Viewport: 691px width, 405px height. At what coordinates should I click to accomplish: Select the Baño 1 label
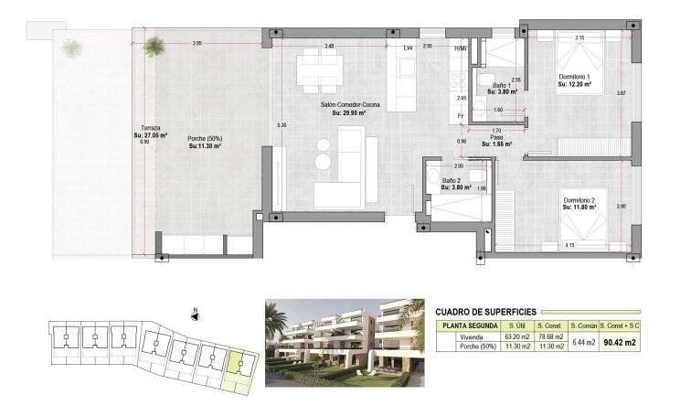point(502,86)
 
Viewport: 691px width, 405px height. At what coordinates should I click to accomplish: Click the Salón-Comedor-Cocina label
point(350,106)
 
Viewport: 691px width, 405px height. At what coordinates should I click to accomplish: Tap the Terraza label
point(152,126)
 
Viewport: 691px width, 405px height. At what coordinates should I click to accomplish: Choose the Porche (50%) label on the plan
point(205,139)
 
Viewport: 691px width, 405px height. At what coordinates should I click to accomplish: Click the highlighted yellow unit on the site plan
point(239,366)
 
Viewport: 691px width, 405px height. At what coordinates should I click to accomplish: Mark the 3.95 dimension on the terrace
point(197,44)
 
